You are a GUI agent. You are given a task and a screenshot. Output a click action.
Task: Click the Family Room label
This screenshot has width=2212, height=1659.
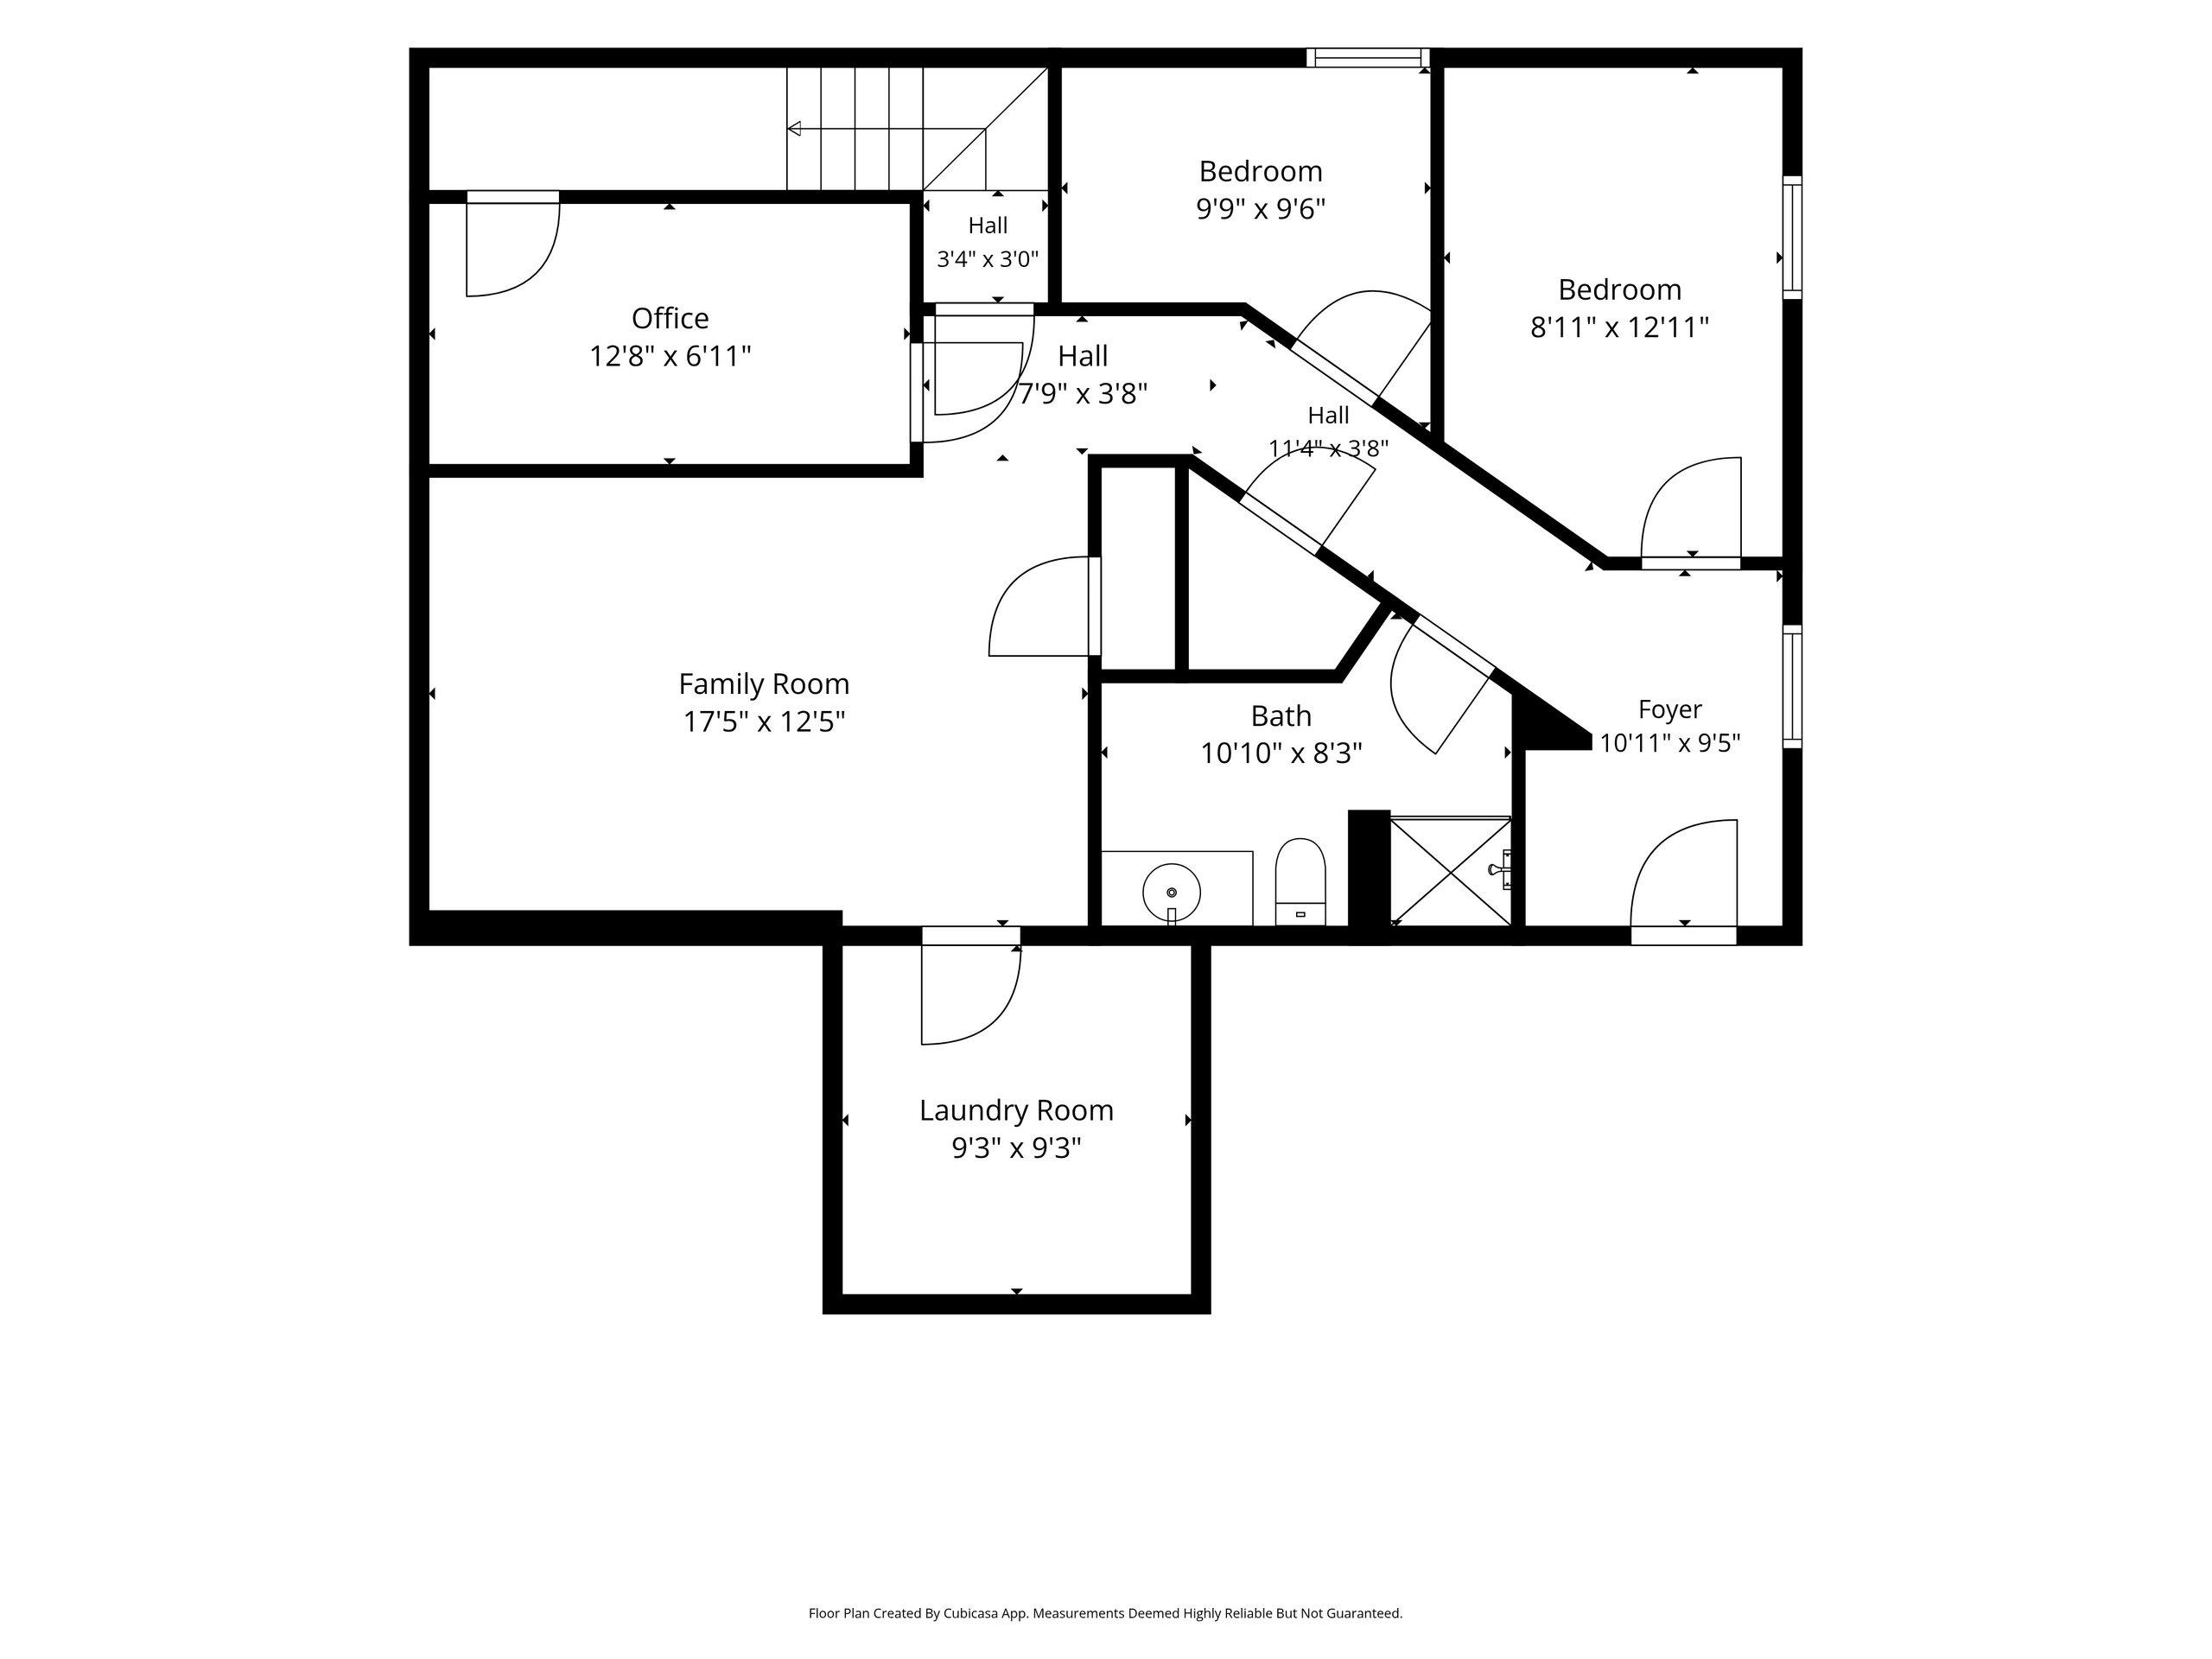[x=764, y=684]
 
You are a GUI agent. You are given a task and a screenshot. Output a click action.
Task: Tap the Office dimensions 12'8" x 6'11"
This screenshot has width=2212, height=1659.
[x=670, y=356]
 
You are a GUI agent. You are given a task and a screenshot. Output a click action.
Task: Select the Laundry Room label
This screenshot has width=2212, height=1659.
[x=1016, y=1110]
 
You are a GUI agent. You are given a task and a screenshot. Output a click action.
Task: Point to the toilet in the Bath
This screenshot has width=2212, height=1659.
[x=1300, y=881]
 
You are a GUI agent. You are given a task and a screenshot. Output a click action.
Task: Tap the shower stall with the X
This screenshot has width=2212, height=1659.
[x=1450, y=871]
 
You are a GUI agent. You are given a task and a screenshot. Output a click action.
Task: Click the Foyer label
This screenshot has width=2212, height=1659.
[x=1670, y=709]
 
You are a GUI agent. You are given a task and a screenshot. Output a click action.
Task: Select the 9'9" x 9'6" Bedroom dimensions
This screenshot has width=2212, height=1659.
[x=1261, y=209]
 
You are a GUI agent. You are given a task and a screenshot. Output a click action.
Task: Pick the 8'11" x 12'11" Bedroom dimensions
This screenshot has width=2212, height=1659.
[x=1620, y=327]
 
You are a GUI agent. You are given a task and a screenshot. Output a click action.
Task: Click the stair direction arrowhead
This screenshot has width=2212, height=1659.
[x=794, y=129]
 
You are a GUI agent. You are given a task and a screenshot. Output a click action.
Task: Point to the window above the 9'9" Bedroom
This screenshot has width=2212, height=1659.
[x=1368, y=58]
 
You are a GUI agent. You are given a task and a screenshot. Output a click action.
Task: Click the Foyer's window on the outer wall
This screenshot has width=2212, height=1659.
[x=1793, y=686]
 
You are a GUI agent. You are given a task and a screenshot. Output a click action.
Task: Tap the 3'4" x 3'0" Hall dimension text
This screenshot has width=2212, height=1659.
[x=988, y=259]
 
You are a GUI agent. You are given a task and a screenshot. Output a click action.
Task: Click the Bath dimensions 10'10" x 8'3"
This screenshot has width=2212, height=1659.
[x=1281, y=753]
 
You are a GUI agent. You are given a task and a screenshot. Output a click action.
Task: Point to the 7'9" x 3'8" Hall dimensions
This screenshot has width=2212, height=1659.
[x=1083, y=394]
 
